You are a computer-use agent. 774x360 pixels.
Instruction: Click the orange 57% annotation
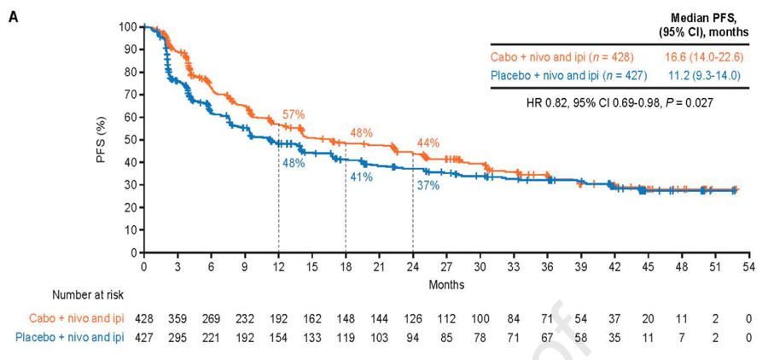pyautogui.click(x=294, y=115)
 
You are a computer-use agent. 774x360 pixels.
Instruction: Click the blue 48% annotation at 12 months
pyautogui.click(x=294, y=162)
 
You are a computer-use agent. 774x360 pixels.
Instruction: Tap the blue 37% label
pyautogui.click(x=428, y=186)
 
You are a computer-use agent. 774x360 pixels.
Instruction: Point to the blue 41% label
pyautogui.click(x=361, y=177)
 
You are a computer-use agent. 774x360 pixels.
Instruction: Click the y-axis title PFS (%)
pyautogui.click(x=101, y=139)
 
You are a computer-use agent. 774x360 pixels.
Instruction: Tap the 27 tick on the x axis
pyautogui.click(x=446, y=267)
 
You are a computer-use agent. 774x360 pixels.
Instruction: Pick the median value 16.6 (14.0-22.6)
pyautogui.click(x=702, y=57)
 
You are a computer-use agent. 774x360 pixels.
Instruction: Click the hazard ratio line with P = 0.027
pyautogui.click(x=620, y=102)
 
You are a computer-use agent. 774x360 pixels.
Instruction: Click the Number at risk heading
pyautogui.click(x=88, y=295)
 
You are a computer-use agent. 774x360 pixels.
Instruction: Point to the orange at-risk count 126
pyautogui.click(x=413, y=317)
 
